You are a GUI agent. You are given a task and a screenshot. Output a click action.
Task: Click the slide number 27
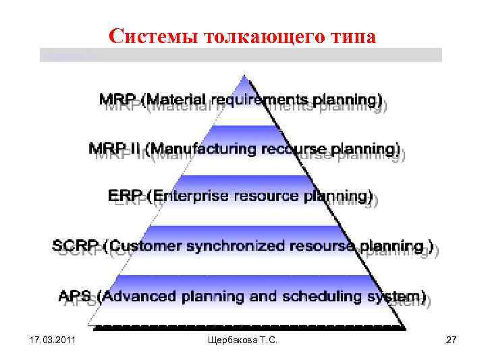[x=452, y=344]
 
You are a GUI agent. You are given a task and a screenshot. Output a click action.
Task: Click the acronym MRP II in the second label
[x=115, y=148]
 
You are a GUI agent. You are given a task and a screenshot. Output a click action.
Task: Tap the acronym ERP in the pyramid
[x=125, y=196]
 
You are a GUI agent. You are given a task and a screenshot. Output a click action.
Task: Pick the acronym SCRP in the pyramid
[x=76, y=245]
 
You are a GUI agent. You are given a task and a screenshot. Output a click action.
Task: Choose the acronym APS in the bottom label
[x=76, y=295]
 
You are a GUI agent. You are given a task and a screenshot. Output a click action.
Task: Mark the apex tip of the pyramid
[x=252, y=79]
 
